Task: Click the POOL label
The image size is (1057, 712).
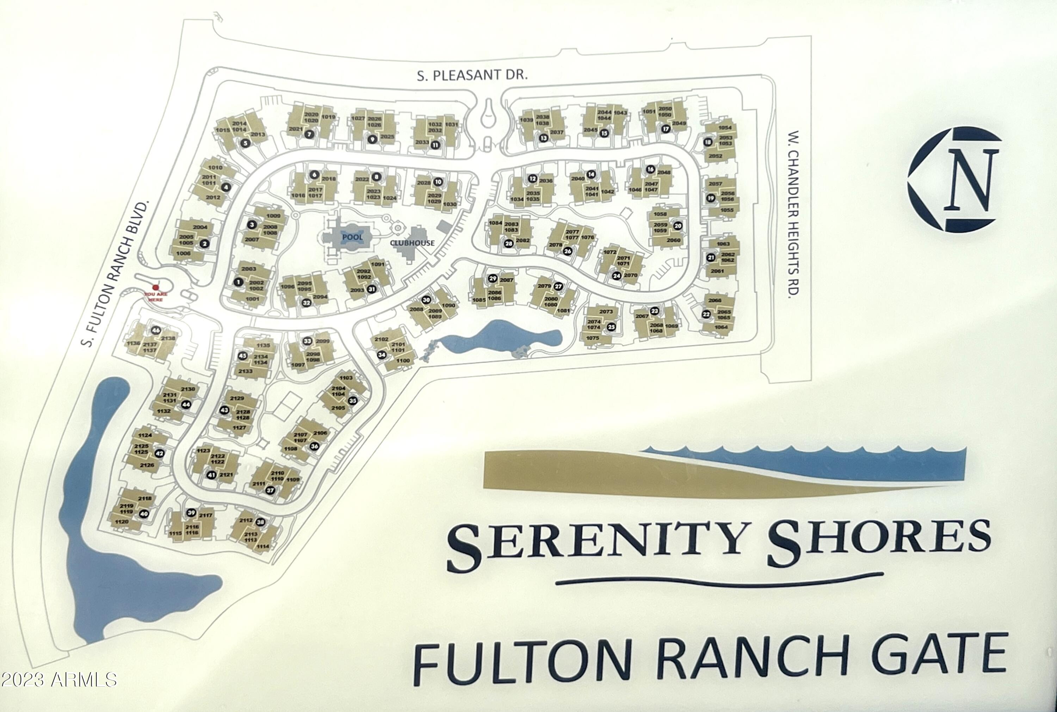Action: tap(352, 237)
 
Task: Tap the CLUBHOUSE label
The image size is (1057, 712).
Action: tap(412, 243)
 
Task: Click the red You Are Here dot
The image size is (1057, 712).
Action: tap(155, 287)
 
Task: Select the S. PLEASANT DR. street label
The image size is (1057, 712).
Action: tap(472, 75)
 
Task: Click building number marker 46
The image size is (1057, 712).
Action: tap(156, 330)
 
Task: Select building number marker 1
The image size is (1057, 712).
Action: tap(238, 282)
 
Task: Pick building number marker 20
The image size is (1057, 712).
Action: tap(678, 226)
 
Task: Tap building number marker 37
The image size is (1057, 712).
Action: tap(270, 490)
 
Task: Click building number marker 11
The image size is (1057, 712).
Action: tap(435, 145)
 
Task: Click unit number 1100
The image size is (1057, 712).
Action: tap(403, 360)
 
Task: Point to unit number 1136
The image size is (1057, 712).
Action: tap(133, 343)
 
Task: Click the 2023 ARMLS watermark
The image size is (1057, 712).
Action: tap(59, 680)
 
